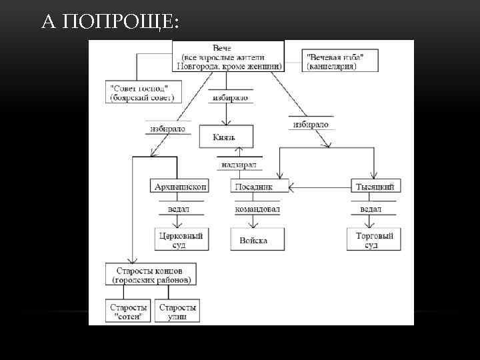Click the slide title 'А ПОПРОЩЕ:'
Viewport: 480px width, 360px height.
[110, 23]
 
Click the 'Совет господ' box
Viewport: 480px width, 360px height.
[142, 93]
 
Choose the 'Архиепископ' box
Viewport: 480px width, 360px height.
[181, 187]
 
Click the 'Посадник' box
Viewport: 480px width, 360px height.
[259, 187]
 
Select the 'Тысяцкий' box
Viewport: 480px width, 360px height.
[375, 187]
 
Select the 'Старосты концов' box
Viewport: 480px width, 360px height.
[153, 275]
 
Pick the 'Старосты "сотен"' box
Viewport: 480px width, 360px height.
[128, 311]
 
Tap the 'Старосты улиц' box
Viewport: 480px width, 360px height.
[178, 311]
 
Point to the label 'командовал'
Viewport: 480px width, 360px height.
[257, 209]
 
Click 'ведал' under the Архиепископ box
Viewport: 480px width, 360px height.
[178, 209]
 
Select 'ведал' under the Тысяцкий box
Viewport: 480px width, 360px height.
[371, 209]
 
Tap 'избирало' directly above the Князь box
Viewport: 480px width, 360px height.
[229, 98]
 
